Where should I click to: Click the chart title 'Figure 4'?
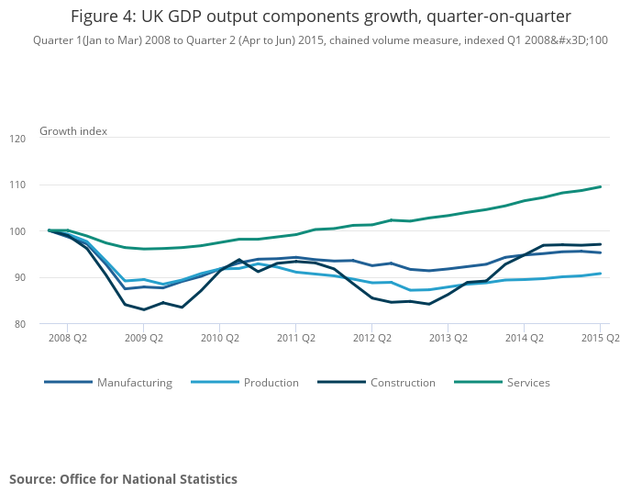click(x=320, y=17)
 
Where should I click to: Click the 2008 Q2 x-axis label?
click(x=67, y=338)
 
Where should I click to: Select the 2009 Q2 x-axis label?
click(x=143, y=338)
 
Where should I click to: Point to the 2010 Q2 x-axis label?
click(x=219, y=338)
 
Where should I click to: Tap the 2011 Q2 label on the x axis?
click(x=295, y=338)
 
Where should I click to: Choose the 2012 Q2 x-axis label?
click(x=371, y=338)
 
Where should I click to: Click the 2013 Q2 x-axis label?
click(x=448, y=338)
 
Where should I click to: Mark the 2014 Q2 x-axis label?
click(x=524, y=338)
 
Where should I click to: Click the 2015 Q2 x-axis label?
click(x=600, y=338)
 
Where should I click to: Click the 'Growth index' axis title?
click(x=73, y=131)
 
